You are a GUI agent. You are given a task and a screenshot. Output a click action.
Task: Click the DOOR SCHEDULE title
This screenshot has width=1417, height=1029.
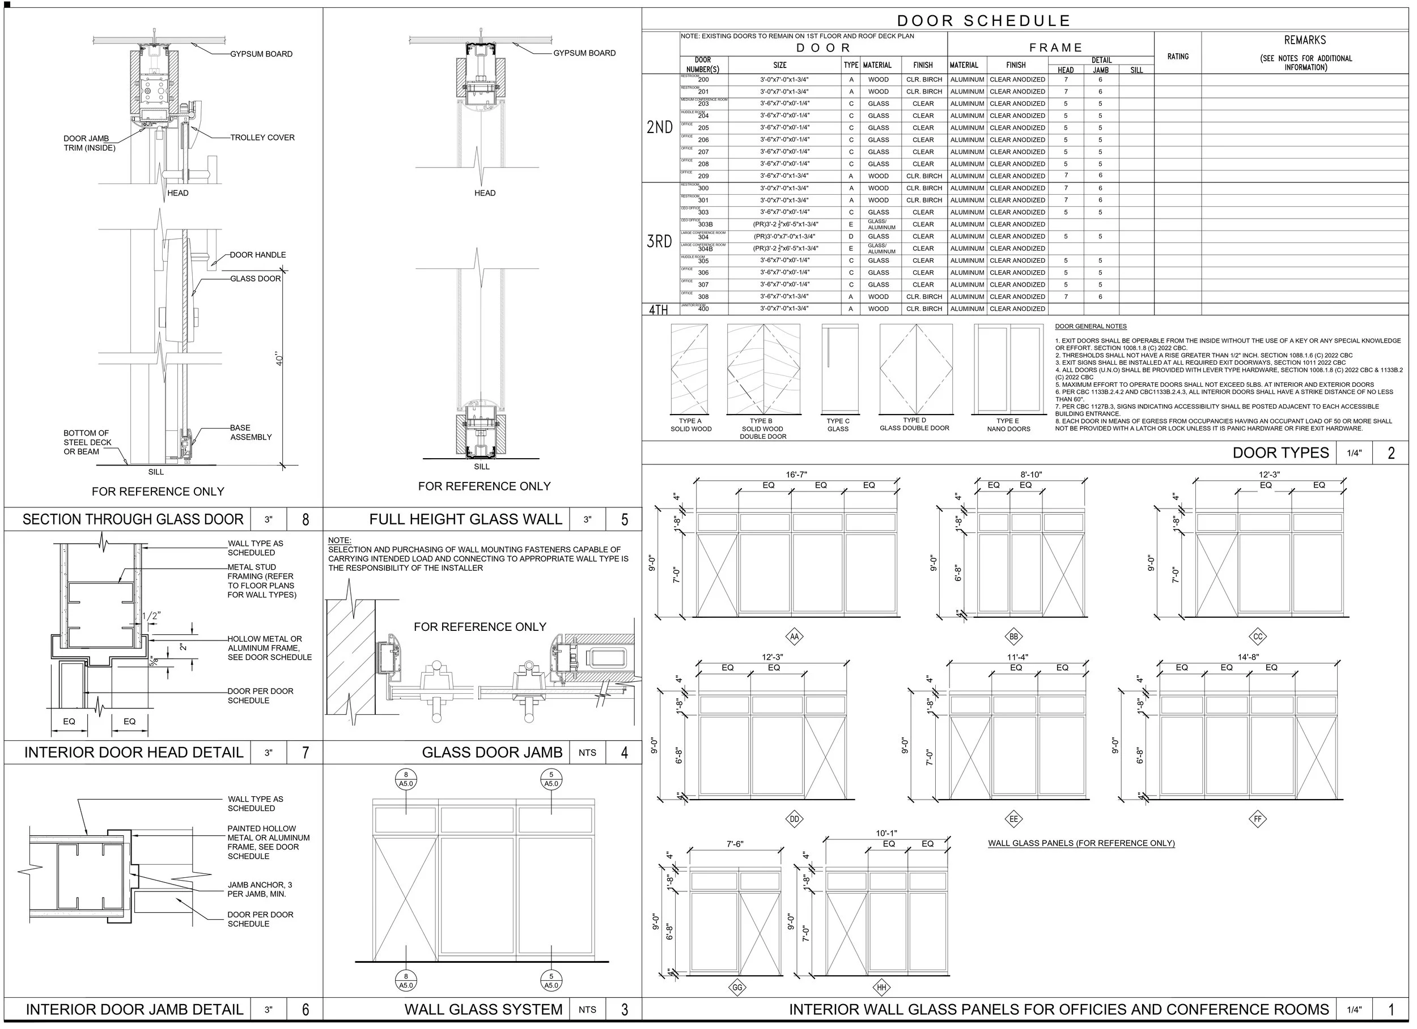click(984, 20)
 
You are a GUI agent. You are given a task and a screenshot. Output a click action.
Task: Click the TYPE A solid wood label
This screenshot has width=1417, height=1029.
click(690, 425)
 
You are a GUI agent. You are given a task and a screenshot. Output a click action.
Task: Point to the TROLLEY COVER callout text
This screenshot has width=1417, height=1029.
click(262, 138)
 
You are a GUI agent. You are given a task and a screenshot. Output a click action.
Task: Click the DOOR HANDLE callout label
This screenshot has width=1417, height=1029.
click(257, 255)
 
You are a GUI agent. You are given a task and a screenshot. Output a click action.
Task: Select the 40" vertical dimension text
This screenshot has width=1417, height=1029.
click(280, 360)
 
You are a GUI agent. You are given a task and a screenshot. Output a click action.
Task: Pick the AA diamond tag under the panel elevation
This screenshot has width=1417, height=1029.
click(794, 637)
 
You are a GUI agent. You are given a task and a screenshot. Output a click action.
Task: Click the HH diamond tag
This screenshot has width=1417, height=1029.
click(881, 987)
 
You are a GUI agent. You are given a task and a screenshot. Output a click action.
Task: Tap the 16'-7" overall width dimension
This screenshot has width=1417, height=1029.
click(796, 475)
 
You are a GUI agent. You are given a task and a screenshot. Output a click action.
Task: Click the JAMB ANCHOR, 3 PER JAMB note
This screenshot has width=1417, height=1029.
click(258, 889)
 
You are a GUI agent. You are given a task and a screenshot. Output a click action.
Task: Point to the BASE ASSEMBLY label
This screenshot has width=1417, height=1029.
click(251, 432)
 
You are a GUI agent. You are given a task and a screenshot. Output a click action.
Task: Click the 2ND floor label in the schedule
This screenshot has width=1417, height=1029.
click(659, 127)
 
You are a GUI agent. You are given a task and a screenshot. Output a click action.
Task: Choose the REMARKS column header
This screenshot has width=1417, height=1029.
click(1305, 40)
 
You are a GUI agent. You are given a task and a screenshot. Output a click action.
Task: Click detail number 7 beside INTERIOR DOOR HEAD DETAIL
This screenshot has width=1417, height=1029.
click(305, 753)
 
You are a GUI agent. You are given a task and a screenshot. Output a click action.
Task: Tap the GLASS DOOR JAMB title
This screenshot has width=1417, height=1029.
click(492, 753)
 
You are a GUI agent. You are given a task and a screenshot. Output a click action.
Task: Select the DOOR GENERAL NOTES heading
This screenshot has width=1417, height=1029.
click(1091, 326)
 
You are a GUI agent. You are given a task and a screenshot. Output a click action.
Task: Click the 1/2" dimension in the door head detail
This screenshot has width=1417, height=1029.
click(151, 616)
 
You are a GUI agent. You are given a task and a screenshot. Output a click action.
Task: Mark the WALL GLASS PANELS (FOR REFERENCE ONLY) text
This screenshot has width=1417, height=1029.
click(1081, 843)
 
